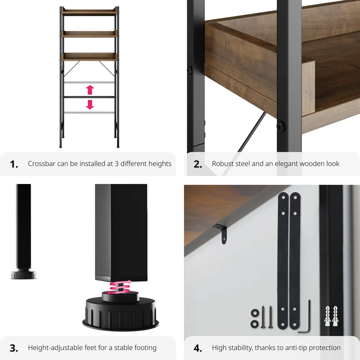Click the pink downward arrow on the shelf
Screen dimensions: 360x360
tap(90, 104)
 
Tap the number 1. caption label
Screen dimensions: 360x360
tap(14, 164)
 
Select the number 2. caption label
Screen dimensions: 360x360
tap(198, 164)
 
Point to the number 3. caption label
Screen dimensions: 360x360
tap(14, 348)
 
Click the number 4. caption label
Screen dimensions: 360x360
tap(198, 348)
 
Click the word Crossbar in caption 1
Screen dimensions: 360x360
tap(42, 164)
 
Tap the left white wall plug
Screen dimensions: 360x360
tap(328, 316)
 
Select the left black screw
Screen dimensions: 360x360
tap(264, 316)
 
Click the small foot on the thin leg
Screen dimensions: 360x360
tap(23, 275)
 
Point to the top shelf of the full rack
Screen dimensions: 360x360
tap(89, 12)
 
